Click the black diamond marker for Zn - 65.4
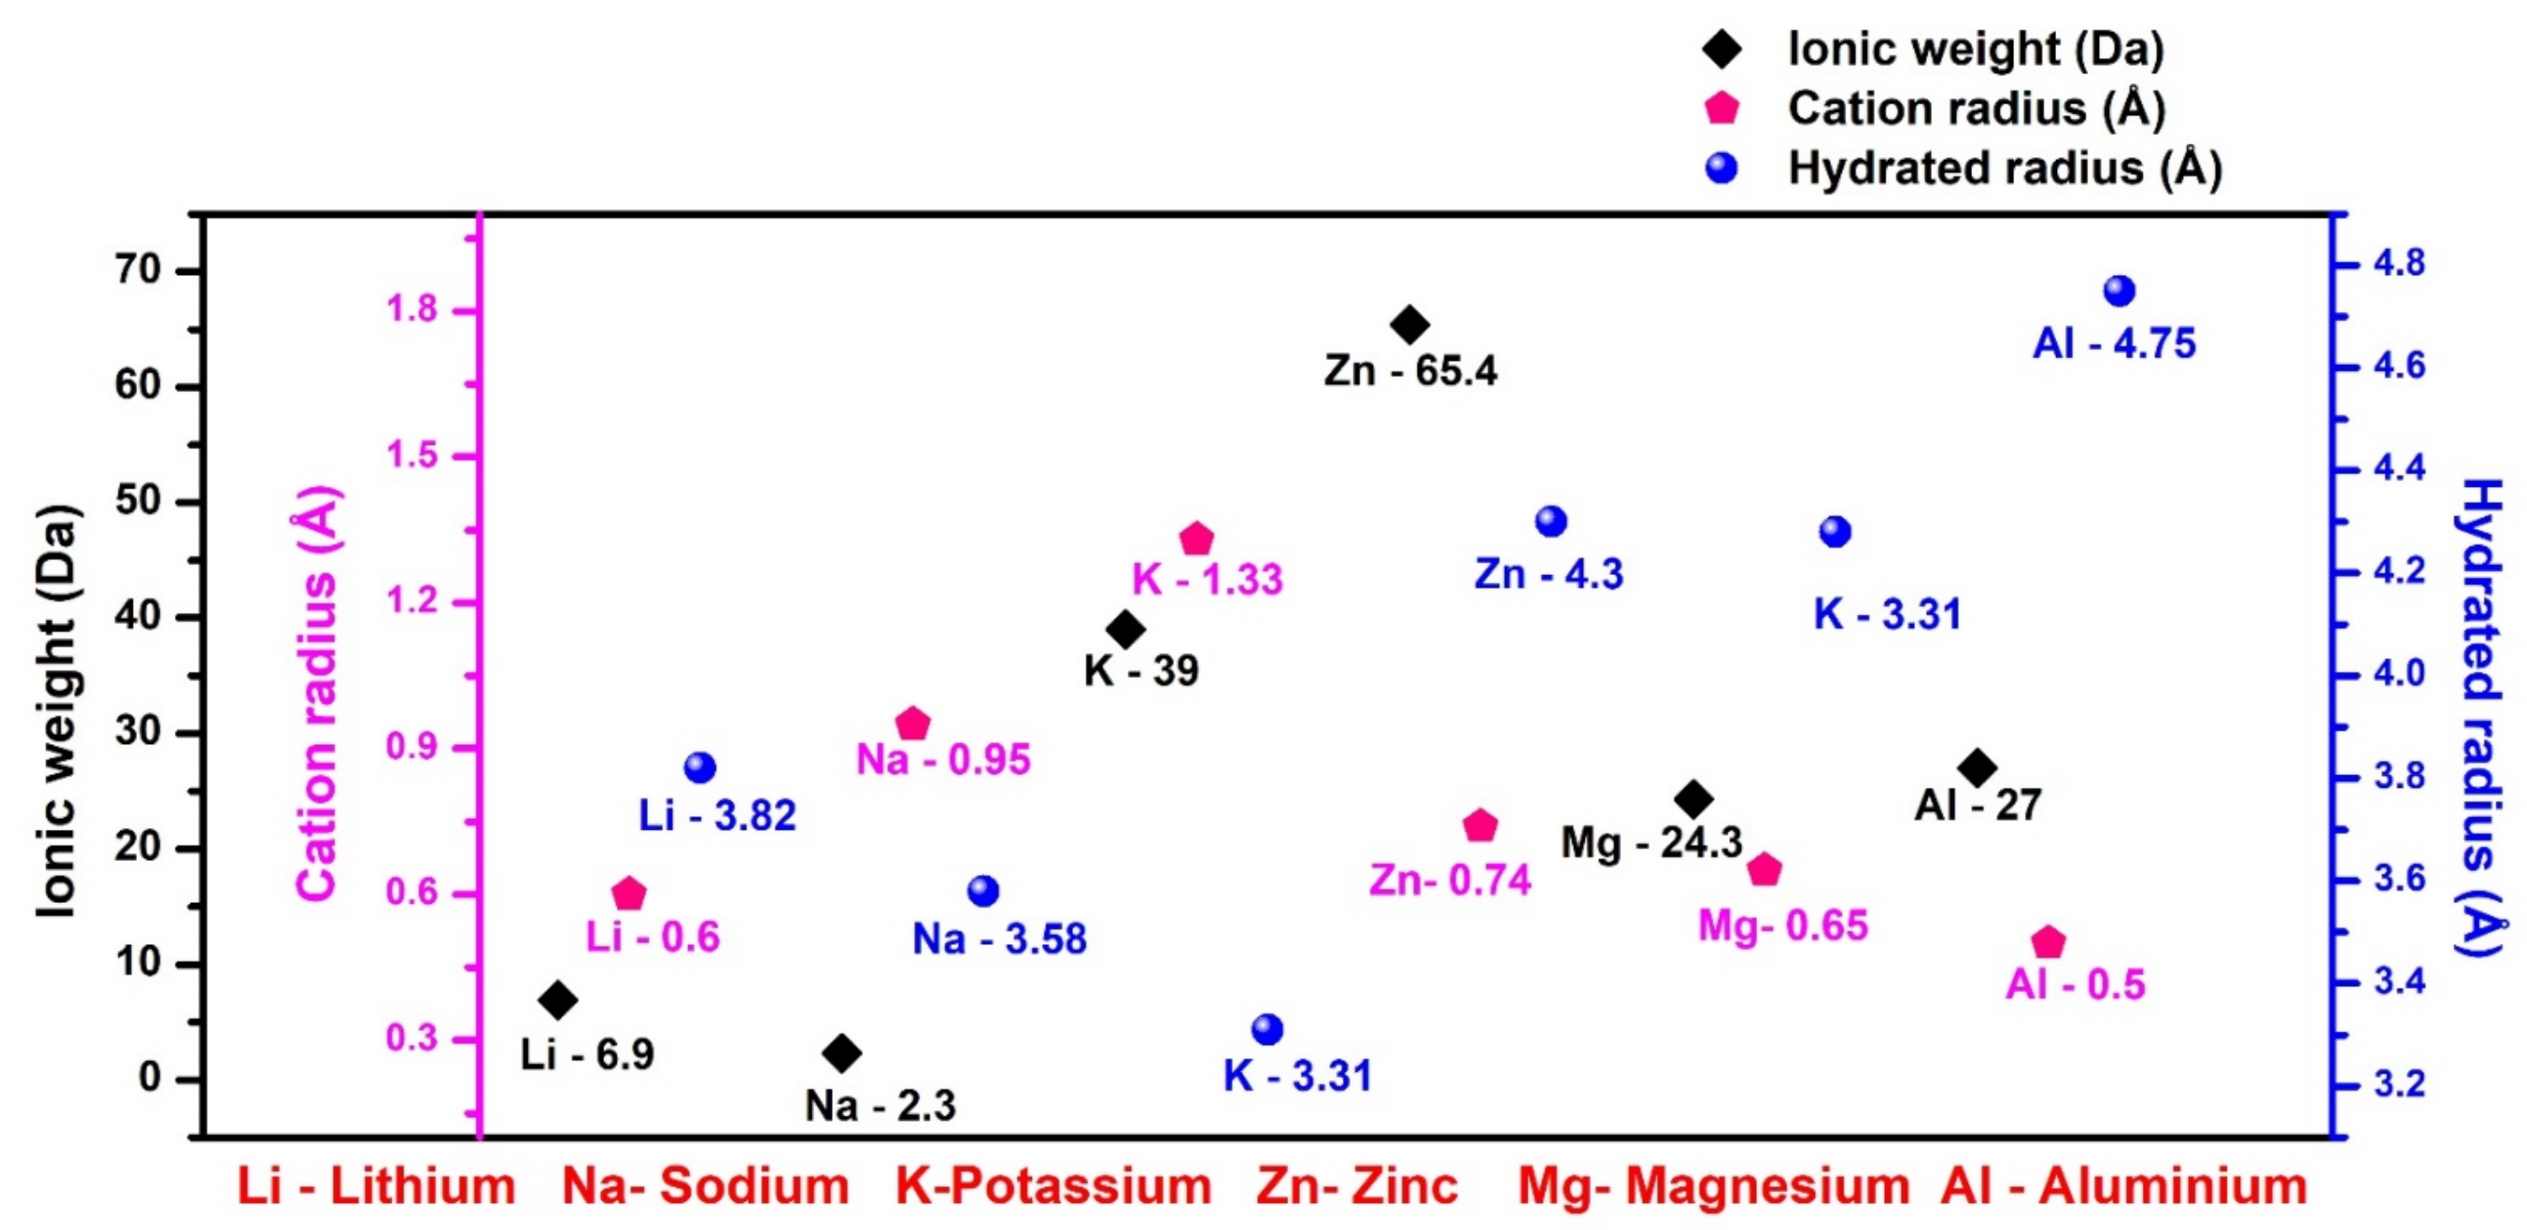(1410, 325)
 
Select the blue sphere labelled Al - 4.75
(2120, 292)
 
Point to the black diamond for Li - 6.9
(558, 1000)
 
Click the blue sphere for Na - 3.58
(983, 891)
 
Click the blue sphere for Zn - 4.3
(1551, 521)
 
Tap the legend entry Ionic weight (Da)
(1975, 49)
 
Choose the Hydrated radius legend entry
(2004, 168)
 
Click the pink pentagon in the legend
(1721, 108)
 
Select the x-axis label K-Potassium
(1053, 1186)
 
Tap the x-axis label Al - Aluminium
(2124, 1186)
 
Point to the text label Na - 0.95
(943, 760)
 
